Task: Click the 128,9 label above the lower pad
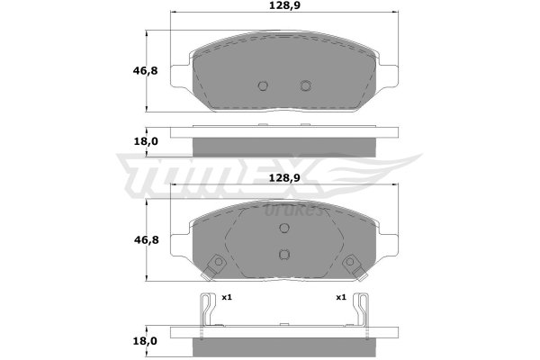[x=284, y=178]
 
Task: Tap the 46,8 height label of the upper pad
[x=145, y=71]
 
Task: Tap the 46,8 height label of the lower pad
[x=146, y=239]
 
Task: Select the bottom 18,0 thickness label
[x=145, y=341]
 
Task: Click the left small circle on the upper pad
[x=263, y=85]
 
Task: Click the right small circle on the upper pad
[x=305, y=85]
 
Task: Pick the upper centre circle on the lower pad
[x=284, y=228]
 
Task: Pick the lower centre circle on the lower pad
[x=284, y=254]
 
